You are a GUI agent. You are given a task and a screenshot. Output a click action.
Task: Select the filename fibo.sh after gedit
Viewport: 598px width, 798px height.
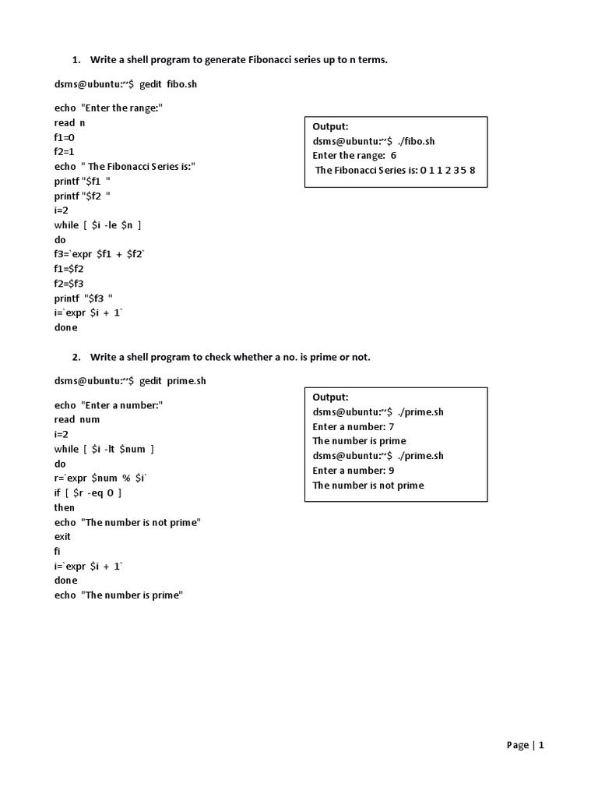pyautogui.click(x=181, y=83)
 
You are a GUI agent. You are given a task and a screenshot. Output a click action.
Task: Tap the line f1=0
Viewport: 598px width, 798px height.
pyautogui.click(x=65, y=136)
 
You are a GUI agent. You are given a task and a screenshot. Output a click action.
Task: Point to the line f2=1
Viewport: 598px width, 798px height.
pyautogui.click(x=65, y=151)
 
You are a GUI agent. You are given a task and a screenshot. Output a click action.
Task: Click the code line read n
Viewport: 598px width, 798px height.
pyautogui.click(x=70, y=122)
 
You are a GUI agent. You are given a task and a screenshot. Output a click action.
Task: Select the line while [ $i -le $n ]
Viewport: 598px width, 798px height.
pyautogui.click(x=98, y=224)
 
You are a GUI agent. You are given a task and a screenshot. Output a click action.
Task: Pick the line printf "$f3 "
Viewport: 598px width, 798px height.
pyautogui.click(x=84, y=298)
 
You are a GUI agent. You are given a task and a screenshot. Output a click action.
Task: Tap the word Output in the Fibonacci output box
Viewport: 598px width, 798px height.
pyautogui.click(x=331, y=126)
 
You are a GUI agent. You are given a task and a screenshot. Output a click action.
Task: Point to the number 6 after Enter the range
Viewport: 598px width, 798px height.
pyautogui.click(x=394, y=155)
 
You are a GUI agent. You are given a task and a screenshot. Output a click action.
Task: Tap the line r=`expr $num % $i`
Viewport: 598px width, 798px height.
pyautogui.click(x=100, y=478)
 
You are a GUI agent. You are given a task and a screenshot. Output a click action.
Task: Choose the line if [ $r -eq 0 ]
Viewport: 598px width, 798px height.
pyautogui.click(x=88, y=493)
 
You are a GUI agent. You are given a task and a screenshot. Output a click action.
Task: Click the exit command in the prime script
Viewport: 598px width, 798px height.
pyautogui.click(x=62, y=536)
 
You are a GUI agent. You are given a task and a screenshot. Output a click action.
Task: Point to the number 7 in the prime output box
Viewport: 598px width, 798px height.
pyautogui.click(x=392, y=426)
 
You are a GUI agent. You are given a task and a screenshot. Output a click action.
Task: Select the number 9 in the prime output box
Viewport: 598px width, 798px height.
pyautogui.click(x=392, y=471)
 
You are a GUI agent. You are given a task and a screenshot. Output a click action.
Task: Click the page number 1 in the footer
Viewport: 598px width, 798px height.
pyautogui.click(x=541, y=745)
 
